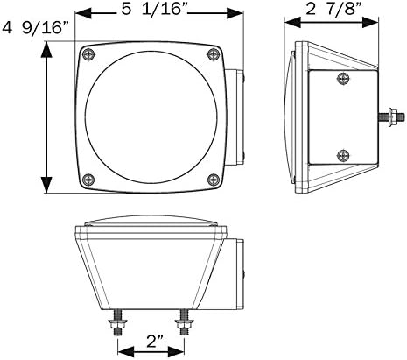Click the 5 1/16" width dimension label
(154, 10)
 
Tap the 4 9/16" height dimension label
(36, 28)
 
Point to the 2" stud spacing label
(151, 342)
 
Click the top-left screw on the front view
(88, 54)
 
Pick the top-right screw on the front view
(214, 54)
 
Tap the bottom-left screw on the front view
(88, 180)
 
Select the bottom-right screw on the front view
(214, 180)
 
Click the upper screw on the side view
(343, 78)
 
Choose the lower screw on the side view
(343, 156)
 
